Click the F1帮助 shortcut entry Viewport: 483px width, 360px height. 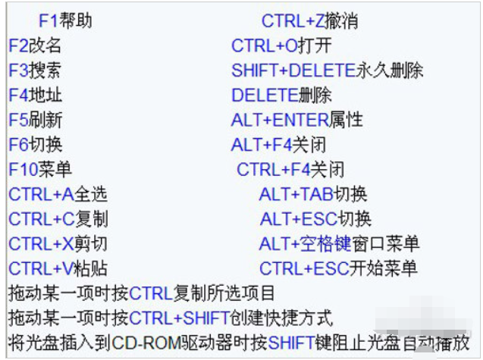point(65,21)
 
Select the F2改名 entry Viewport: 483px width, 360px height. point(35,45)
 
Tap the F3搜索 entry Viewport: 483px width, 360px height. point(35,70)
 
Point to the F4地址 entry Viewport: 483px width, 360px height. point(36,95)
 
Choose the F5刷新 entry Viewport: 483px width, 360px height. point(36,120)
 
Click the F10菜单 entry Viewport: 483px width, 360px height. point(40,169)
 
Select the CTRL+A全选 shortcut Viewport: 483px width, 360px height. point(58,194)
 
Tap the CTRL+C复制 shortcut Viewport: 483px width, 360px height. point(58,219)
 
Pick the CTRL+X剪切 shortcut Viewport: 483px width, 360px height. point(58,243)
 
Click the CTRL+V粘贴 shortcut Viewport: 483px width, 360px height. point(58,268)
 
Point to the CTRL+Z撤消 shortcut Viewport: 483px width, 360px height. point(310,21)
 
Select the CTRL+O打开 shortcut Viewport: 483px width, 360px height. point(281,45)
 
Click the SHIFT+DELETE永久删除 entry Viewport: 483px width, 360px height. point(328,70)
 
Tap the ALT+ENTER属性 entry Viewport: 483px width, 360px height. point(297,120)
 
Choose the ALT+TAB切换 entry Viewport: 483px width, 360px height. point(313,194)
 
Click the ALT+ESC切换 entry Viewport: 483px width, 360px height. point(315,219)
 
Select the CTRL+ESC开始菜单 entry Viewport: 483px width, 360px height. point(338,268)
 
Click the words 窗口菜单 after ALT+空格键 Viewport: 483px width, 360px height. point(385,243)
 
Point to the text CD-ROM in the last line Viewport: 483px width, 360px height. point(146,343)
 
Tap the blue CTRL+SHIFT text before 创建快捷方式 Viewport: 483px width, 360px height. point(179,318)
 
